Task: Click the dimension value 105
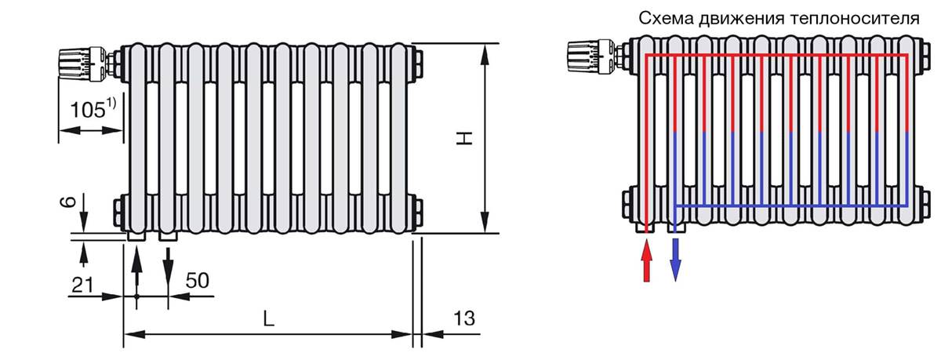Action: point(88,110)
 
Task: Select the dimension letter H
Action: point(465,138)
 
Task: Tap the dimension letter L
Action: point(268,319)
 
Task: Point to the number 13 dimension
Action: point(464,318)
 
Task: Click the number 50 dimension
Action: point(197,281)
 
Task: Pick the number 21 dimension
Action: point(82,285)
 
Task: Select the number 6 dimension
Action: point(71,202)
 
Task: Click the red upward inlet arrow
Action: point(646,260)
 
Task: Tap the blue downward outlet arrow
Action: point(675,260)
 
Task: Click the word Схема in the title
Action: point(666,19)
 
